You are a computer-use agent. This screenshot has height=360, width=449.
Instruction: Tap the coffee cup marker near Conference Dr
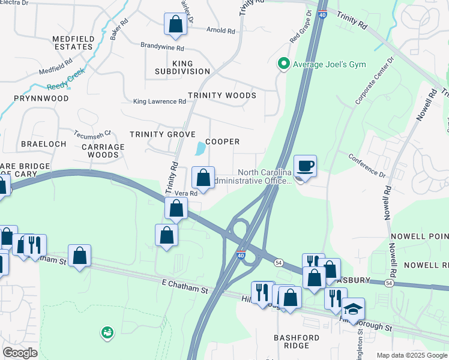[305, 166]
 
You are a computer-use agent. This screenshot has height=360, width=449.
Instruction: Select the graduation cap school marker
[353, 308]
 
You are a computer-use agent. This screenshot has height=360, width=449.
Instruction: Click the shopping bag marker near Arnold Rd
[175, 25]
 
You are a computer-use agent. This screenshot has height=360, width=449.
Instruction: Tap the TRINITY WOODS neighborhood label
[221, 95]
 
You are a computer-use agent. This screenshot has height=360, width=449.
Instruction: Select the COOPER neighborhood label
[223, 142]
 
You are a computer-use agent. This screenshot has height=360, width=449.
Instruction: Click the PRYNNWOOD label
[42, 98]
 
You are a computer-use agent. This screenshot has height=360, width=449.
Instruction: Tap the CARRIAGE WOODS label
[103, 151]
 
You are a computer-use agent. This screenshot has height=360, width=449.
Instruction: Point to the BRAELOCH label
[42, 145]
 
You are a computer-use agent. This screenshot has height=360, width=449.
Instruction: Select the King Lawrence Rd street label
[160, 102]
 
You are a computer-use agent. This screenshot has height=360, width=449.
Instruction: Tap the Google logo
[20, 353]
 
